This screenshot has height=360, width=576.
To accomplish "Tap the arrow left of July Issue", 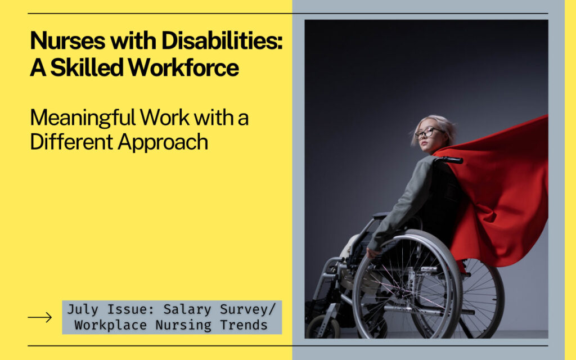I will (39, 318).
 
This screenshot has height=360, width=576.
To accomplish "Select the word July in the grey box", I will (83, 310).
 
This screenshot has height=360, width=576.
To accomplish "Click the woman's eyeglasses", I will (429, 133).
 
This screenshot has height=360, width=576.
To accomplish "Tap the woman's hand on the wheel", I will (373, 251).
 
